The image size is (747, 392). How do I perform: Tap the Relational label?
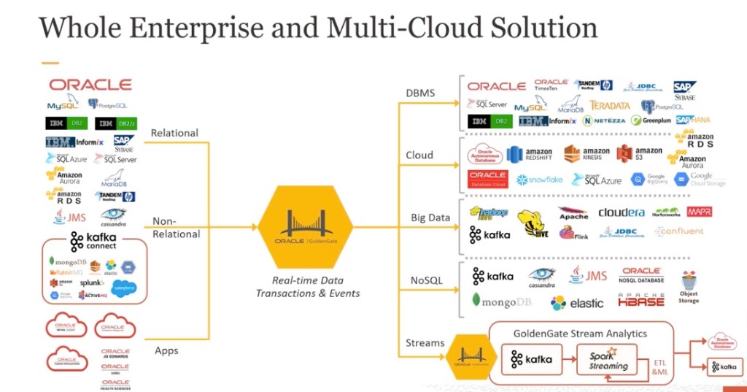(x=174, y=133)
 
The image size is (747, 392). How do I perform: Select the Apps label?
(x=166, y=350)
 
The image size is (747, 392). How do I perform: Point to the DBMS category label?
(x=421, y=92)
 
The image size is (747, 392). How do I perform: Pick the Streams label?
(x=425, y=342)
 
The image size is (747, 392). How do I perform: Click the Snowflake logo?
(x=540, y=180)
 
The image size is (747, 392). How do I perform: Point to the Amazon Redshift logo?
(x=530, y=154)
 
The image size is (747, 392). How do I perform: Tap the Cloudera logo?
(x=622, y=212)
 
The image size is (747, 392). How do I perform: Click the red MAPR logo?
(x=699, y=212)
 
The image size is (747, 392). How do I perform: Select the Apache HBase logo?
(x=641, y=300)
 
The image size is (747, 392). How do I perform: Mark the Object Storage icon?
(x=689, y=285)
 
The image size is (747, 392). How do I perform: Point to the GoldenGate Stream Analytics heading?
(x=579, y=334)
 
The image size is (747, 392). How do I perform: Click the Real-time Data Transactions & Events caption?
(x=307, y=287)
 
